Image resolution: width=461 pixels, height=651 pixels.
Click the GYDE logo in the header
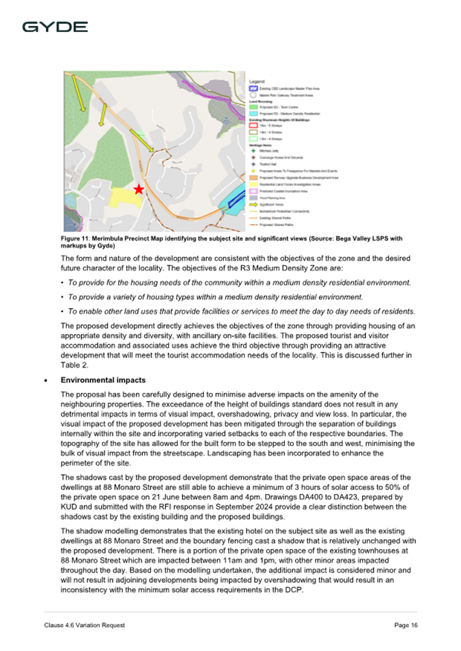(55, 27)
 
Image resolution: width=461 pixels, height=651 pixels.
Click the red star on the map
(139, 189)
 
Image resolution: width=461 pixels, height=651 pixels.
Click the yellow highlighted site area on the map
(120, 195)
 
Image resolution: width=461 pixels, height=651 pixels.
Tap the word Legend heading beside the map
(257, 82)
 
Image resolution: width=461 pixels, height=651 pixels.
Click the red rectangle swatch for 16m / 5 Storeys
(253, 126)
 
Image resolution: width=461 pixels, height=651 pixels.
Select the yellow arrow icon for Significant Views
(253, 203)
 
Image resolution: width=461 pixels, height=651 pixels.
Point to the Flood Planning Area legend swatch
(253, 197)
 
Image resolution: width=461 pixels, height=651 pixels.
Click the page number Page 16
(406, 625)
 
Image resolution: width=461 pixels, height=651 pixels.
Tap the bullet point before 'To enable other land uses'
(63, 311)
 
